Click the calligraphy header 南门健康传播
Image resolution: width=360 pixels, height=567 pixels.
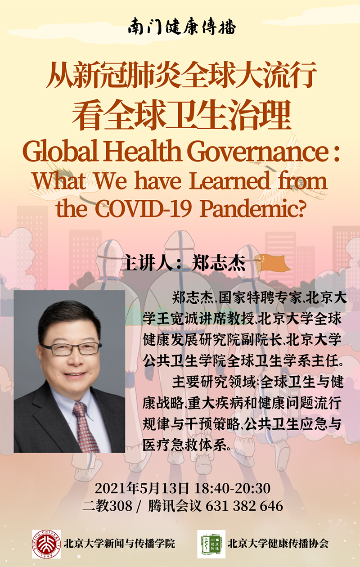182,27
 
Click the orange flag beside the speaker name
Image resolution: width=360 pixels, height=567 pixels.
272,263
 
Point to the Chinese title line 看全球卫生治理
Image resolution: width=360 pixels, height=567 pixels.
181,115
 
